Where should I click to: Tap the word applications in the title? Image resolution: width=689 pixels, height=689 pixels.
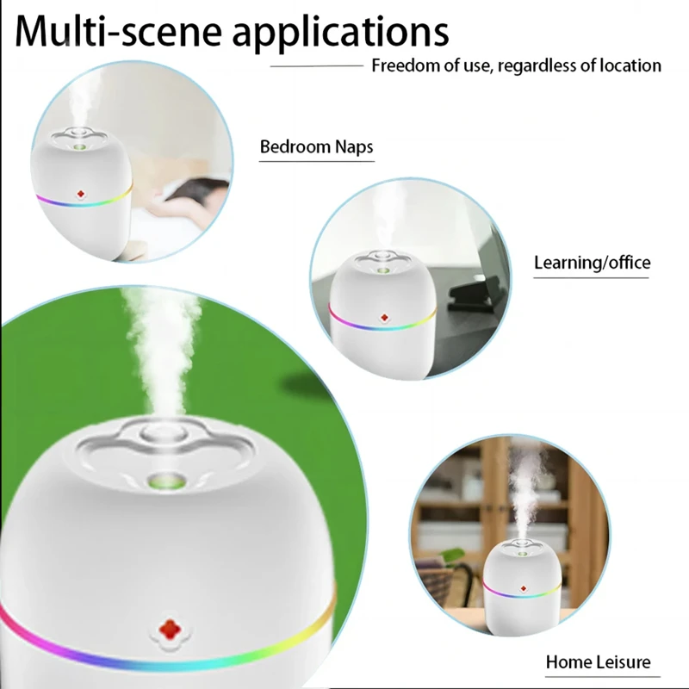coord(341,33)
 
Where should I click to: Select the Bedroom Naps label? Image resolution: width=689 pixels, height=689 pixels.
coord(316,146)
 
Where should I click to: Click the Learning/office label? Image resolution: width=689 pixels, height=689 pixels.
coord(592,263)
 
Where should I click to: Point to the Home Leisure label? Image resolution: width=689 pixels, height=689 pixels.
coord(598,662)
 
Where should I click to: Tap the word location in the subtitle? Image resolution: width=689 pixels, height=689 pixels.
coord(629,65)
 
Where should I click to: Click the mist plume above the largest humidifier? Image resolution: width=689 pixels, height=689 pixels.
coord(159,344)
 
